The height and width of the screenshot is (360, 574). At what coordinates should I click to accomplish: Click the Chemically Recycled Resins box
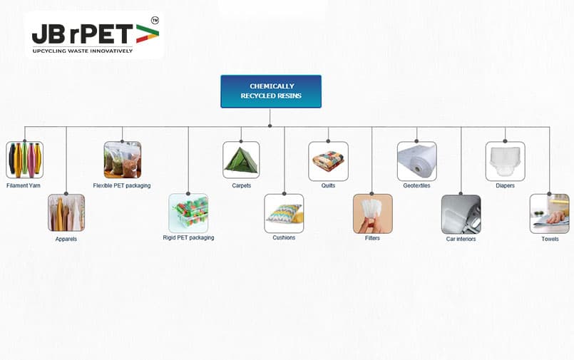(271, 91)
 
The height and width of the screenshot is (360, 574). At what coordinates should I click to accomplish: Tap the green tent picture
(241, 160)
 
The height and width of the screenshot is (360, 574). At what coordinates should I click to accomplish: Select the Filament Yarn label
(24, 185)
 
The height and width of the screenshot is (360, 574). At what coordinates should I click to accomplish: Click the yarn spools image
(24, 160)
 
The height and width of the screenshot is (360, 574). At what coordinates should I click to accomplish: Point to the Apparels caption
(66, 239)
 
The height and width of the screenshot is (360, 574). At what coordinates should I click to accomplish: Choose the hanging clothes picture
(66, 212)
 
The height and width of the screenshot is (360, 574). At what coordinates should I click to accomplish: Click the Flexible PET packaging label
(122, 185)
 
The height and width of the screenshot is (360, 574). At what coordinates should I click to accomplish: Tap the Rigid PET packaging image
(188, 213)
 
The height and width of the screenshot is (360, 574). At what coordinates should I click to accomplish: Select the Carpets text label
(242, 185)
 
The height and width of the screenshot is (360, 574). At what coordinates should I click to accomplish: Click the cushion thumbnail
(284, 213)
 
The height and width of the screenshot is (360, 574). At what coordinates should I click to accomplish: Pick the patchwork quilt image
(329, 161)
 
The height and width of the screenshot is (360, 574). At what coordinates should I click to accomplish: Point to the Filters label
(372, 238)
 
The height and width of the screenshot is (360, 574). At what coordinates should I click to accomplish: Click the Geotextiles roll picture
(417, 161)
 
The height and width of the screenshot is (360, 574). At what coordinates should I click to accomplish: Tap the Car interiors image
(461, 215)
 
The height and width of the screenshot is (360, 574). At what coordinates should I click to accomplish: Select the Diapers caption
(505, 185)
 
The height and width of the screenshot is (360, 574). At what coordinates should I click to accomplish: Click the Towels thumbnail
(550, 214)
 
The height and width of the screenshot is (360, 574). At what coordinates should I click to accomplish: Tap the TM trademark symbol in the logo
(155, 21)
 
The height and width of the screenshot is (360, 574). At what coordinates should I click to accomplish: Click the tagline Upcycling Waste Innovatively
(83, 51)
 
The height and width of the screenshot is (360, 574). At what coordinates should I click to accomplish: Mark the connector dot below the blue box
(270, 126)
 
